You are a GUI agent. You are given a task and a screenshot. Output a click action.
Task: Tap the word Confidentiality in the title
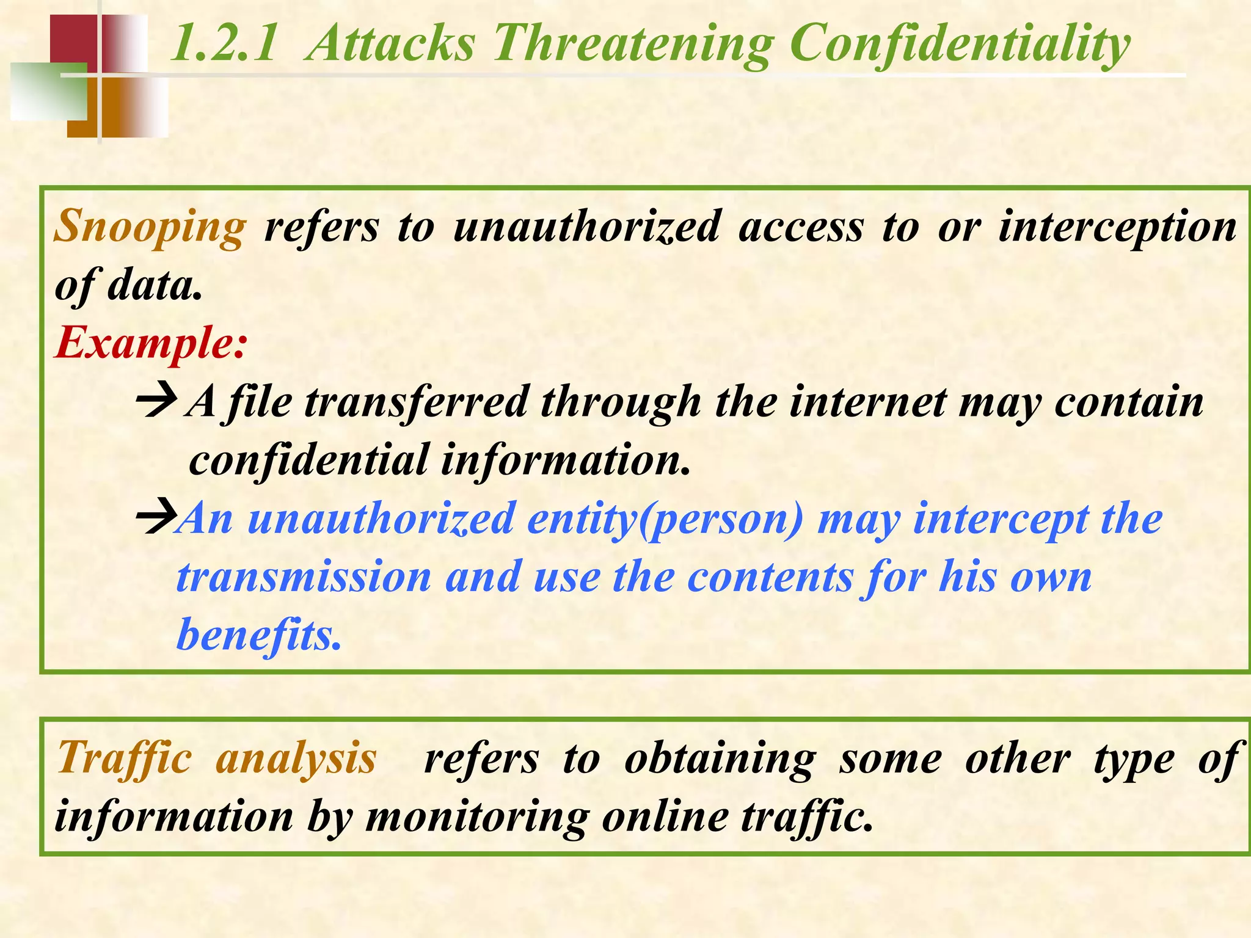coord(960,44)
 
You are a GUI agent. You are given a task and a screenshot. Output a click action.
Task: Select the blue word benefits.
coord(258,635)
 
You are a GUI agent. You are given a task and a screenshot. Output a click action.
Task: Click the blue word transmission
coord(304,576)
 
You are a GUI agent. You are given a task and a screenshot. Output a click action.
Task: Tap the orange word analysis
coord(296,758)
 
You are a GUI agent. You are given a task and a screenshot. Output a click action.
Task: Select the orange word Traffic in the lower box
coord(125,758)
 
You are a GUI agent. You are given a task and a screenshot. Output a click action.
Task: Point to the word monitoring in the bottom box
coord(477,817)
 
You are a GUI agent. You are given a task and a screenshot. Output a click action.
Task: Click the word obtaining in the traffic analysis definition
coord(720,758)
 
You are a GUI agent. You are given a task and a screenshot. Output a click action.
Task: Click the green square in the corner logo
coord(48,90)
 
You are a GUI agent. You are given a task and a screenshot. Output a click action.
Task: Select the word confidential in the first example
coord(308,460)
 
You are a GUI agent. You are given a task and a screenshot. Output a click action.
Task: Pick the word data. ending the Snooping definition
coord(155,286)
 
